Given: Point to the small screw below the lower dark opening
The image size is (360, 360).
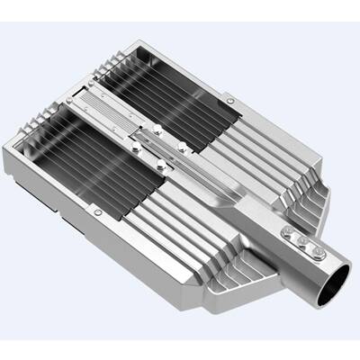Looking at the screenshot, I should (x=97, y=212).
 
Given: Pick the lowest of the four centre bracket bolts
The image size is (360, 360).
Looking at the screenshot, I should (x=162, y=165).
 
